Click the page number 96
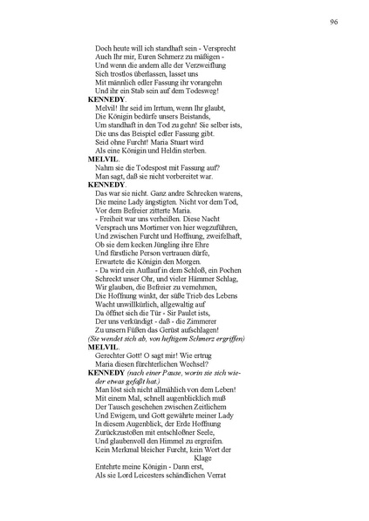coord(334,23)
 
